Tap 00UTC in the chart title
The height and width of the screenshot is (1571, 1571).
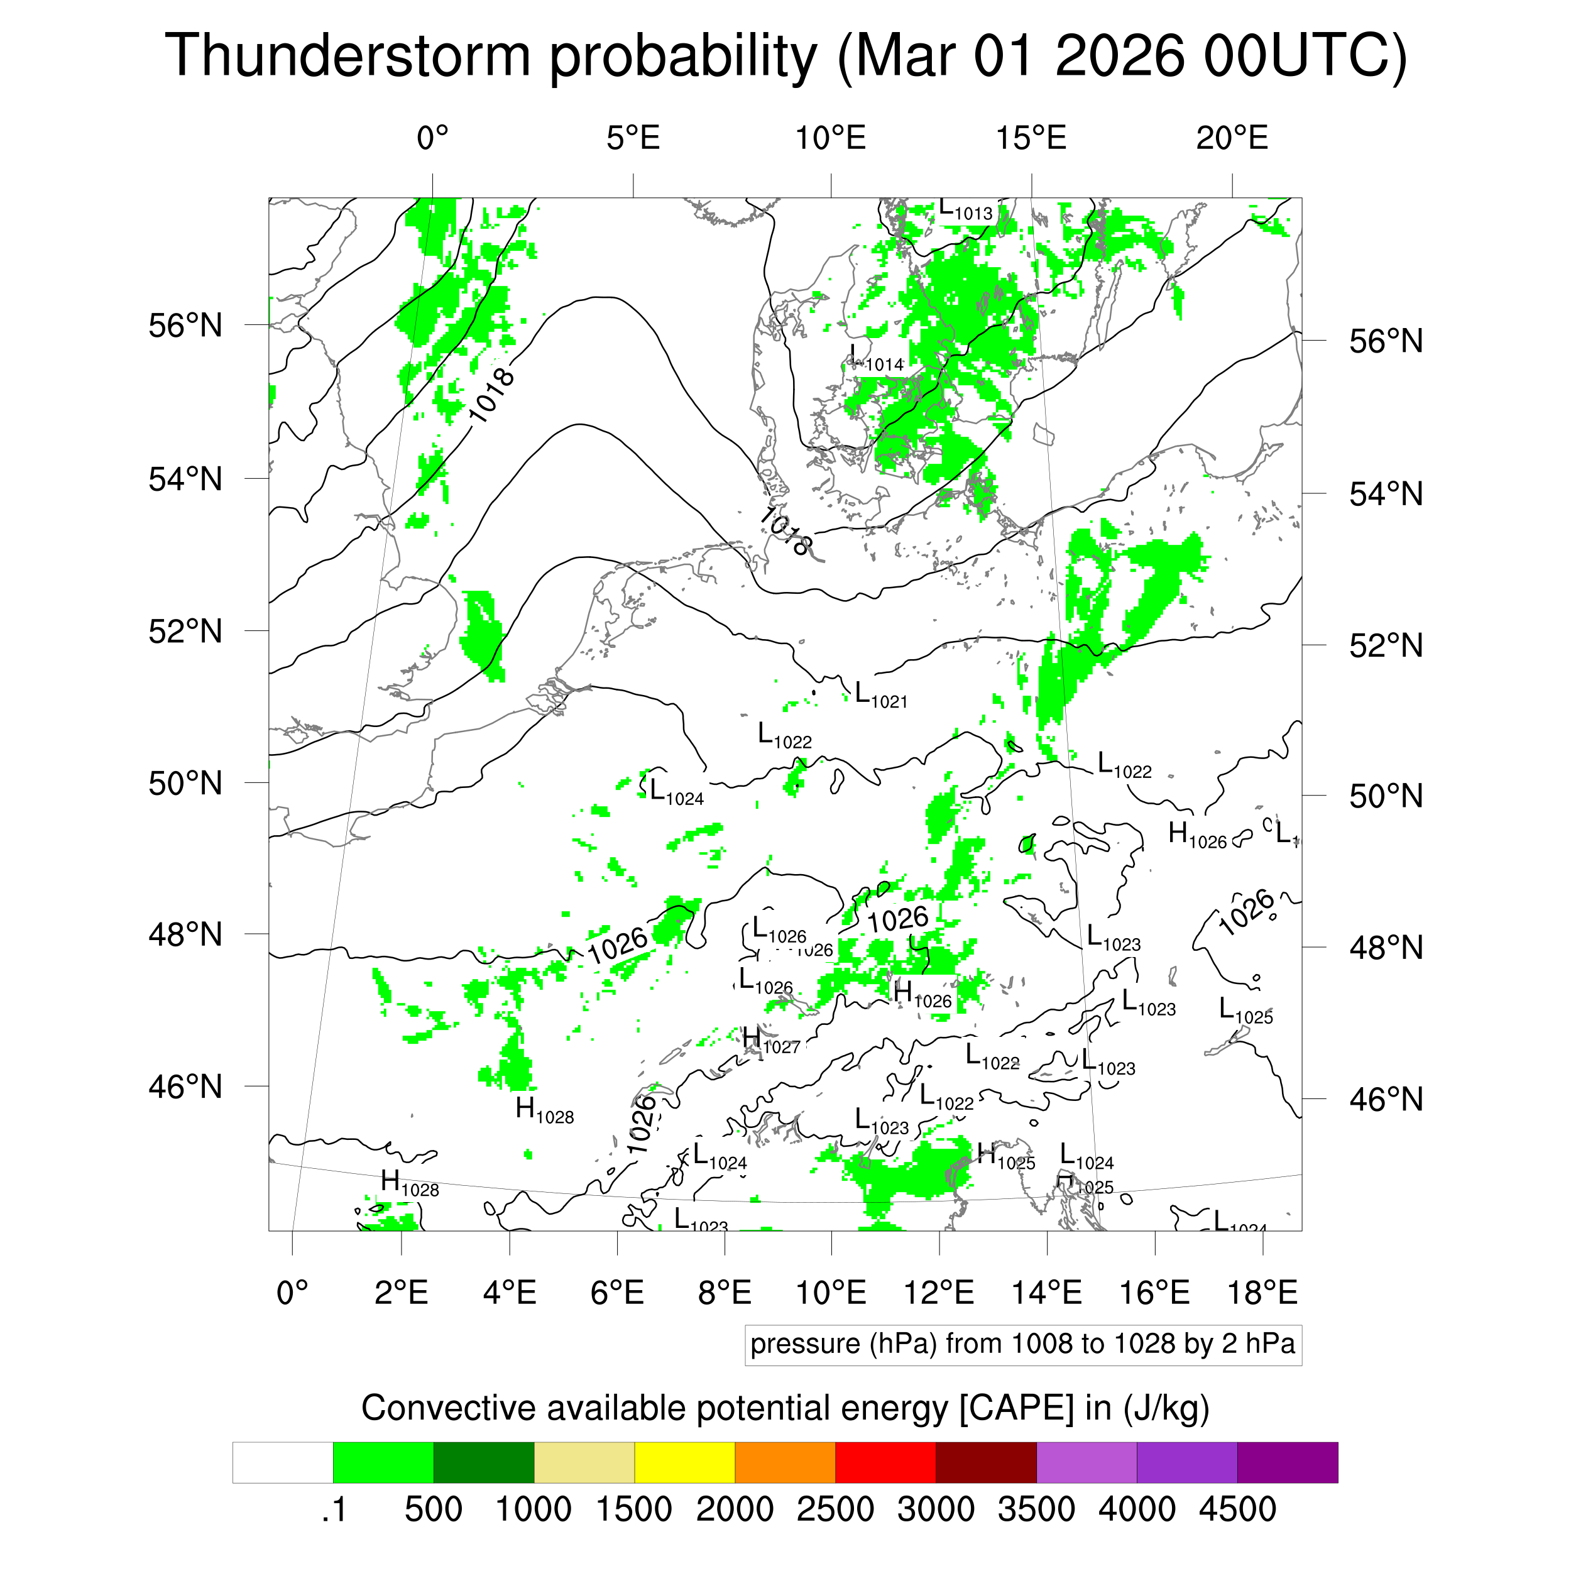point(1305,57)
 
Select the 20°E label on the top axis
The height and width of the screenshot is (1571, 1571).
point(1232,139)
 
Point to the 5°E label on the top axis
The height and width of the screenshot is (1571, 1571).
point(633,139)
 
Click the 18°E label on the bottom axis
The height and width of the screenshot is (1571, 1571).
point(1262,1292)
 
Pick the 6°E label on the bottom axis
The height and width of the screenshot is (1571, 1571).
point(617,1292)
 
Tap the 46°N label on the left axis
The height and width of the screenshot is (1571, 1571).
point(185,1087)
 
